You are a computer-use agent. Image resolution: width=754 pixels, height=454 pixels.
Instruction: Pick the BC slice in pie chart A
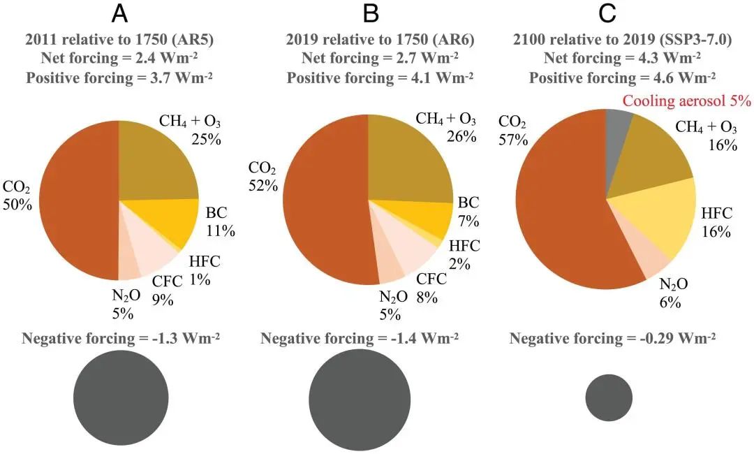tap(164, 222)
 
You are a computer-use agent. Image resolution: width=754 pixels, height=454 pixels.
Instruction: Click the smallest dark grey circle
tap(609, 397)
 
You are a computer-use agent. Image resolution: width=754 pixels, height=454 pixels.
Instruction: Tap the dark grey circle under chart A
tap(121, 397)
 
